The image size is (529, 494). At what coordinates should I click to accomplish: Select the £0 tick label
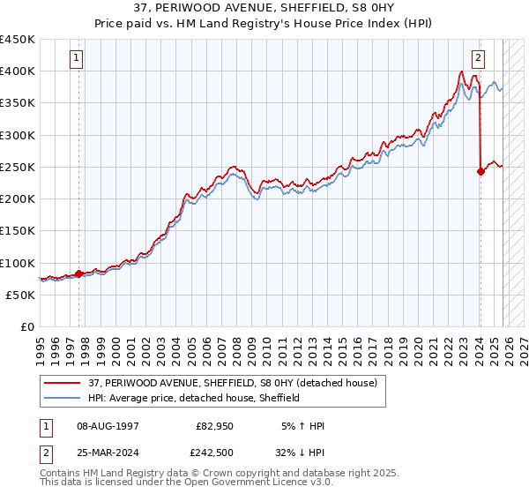pyautogui.click(x=26, y=326)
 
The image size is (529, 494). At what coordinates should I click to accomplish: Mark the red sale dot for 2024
pyautogui.click(x=481, y=172)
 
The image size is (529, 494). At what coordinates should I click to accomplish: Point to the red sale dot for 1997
pyautogui.click(x=78, y=273)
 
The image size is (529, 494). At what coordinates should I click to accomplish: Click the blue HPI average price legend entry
pyautogui.click(x=194, y=398)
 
